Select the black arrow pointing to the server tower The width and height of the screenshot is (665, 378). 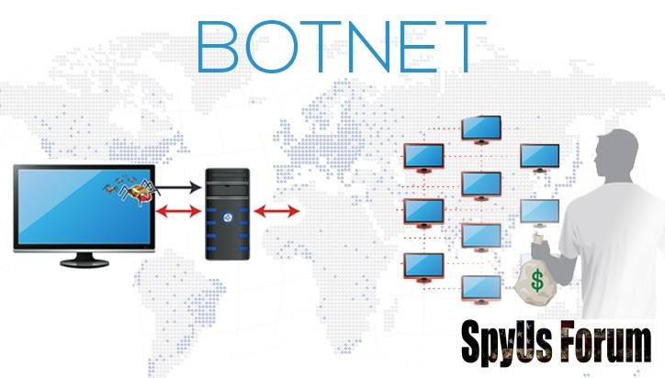tap(179, 188)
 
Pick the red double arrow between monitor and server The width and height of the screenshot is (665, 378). tap(179, 213)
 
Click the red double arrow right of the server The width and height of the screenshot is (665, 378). tap(276, 213)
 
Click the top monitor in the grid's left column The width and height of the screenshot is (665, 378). tap(423, 157)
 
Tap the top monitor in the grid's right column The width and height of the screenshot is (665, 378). tap(539, 156)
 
